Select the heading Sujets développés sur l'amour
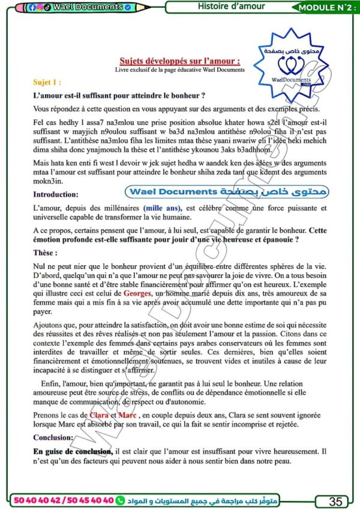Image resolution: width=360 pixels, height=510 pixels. [x=180, y=61]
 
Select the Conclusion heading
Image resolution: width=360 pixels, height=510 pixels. [x=53, y=437]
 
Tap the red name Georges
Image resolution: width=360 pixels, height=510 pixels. [x=139, y=294]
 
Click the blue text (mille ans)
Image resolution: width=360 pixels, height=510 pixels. [x=163, y=208]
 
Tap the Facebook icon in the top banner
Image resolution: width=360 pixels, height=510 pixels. [x=31, y=7]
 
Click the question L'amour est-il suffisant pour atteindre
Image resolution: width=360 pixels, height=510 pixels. [x=119, y=95]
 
